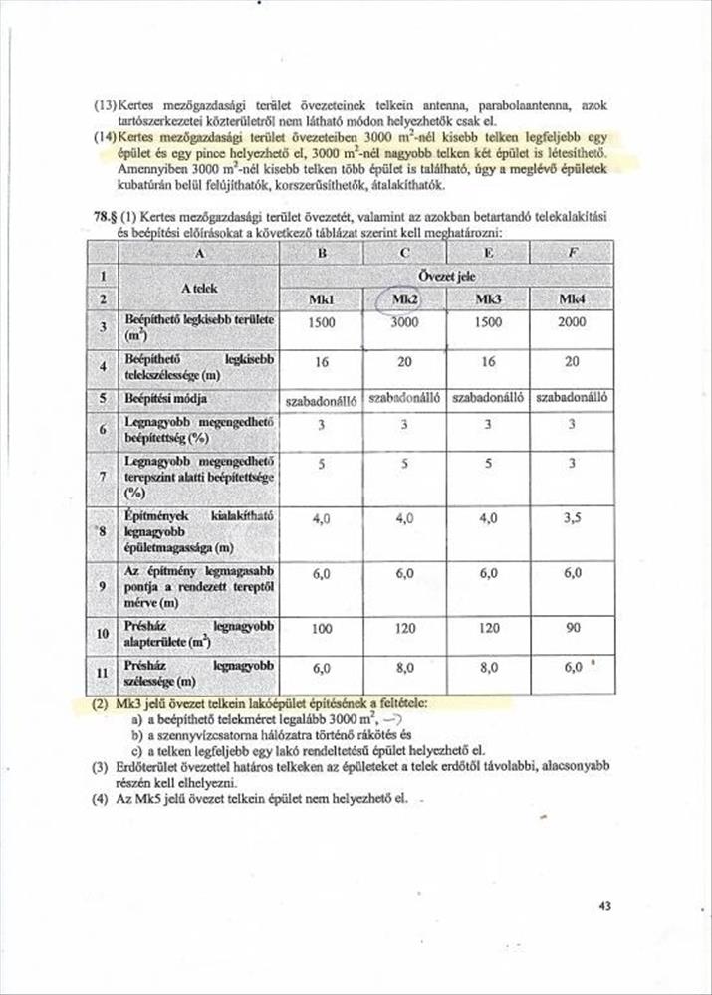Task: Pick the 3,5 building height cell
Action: click(572, 518)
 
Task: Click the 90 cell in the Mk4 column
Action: click(572, 630)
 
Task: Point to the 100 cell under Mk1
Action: click(321, 630)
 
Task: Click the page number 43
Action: click(607, 906)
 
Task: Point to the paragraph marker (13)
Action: click(104, 105)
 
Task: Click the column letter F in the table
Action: click(572, 252)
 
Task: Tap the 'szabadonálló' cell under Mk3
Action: click(488, 398)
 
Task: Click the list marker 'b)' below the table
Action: click(136, 734)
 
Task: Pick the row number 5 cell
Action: click(102, 398)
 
